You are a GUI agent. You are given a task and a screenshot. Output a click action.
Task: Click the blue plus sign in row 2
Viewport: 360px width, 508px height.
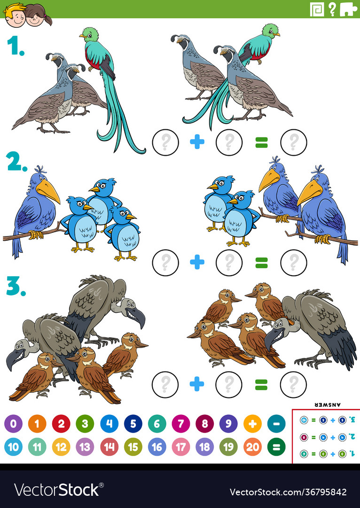click(x=197, y=262)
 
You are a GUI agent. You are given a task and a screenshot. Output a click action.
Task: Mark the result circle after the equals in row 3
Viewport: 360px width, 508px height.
click(x=293, y=384)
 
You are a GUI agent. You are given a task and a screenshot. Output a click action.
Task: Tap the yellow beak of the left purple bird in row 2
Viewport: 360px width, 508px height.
click(x=48, y=190)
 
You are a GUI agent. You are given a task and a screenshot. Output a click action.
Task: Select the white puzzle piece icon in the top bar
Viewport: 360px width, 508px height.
click(x=348, y=9)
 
